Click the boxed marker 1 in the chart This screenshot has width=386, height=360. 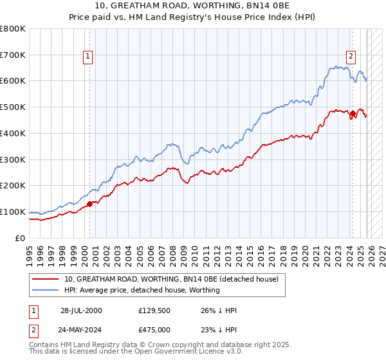pos(88,57)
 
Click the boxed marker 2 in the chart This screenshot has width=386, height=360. pos(351,57)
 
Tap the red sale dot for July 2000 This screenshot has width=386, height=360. pos(89,204)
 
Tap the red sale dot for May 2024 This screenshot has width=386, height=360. pos(353,114)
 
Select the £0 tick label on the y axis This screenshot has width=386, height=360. pos(21,238)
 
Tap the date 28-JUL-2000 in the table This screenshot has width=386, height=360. pos(81,310)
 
